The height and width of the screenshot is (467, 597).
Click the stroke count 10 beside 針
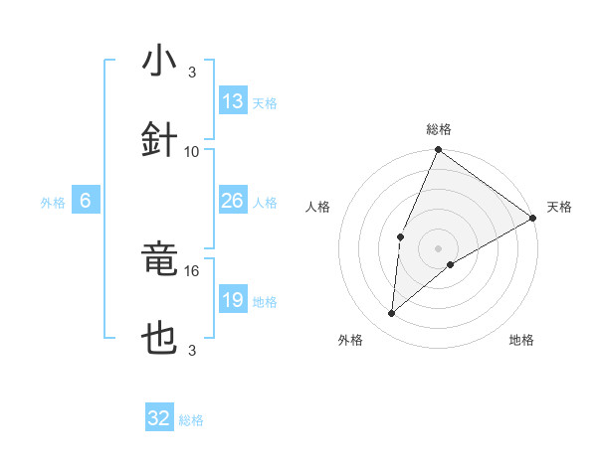[192, 151]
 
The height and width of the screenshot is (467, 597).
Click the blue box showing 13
[233, 101]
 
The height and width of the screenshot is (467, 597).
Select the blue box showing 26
[233, 201]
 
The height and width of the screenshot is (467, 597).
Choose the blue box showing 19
[233, 300]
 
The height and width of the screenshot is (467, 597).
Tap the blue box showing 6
[86, 201]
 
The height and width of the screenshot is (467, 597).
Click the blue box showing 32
[159, 418]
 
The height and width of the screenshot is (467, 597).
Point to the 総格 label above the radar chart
[439, 129]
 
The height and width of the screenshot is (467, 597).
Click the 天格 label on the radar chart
[559, 207]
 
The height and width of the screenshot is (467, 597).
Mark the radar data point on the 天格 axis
[533, 218]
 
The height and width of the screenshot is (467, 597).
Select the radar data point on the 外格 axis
[392, 314]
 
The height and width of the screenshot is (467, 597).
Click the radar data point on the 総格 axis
[439, 150]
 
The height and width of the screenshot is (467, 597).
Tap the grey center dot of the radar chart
[439, 247]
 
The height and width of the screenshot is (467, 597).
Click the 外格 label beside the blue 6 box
[53, 202]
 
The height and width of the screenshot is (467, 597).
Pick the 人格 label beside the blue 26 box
[265, 202]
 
